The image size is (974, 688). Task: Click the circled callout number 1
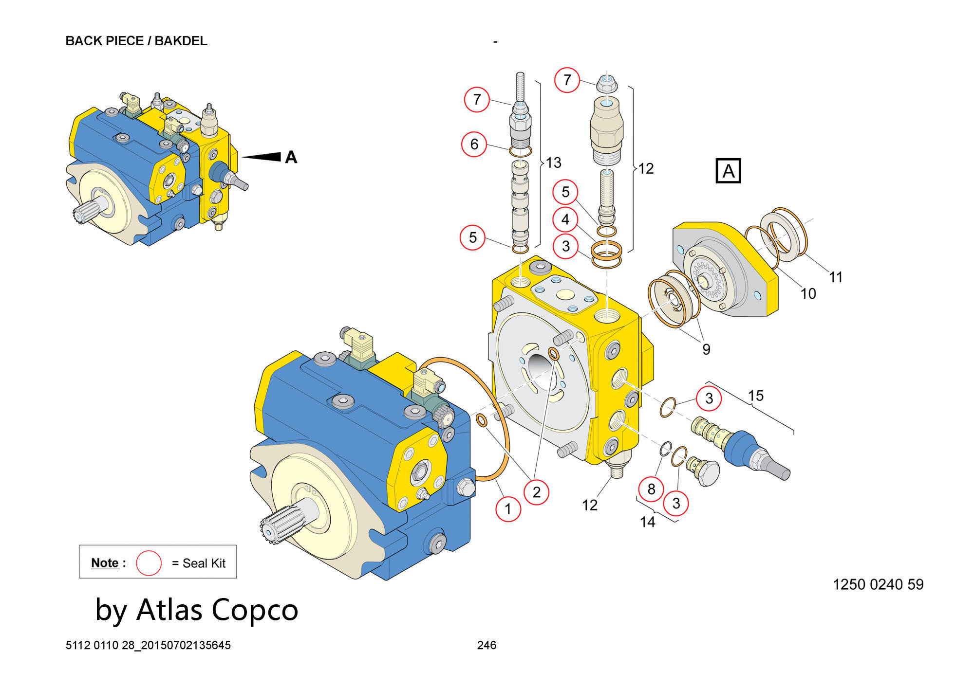508,509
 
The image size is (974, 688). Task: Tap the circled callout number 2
536,492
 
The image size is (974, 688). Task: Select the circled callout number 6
474,144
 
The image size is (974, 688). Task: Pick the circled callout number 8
651,489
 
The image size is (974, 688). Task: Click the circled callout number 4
565,219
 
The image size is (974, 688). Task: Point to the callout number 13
554,163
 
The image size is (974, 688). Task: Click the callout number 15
755,396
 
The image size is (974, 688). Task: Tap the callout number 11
836,277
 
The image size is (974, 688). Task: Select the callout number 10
808,293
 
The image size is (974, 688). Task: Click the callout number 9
706,349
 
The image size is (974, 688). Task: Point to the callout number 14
647,522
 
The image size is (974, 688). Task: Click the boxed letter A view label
728,171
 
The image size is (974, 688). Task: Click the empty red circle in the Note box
149,563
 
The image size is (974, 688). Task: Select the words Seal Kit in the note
204,563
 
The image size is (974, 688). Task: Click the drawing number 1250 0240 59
878,584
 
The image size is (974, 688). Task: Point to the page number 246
487,645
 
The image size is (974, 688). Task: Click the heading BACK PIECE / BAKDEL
136,41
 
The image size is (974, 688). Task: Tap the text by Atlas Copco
196,610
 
